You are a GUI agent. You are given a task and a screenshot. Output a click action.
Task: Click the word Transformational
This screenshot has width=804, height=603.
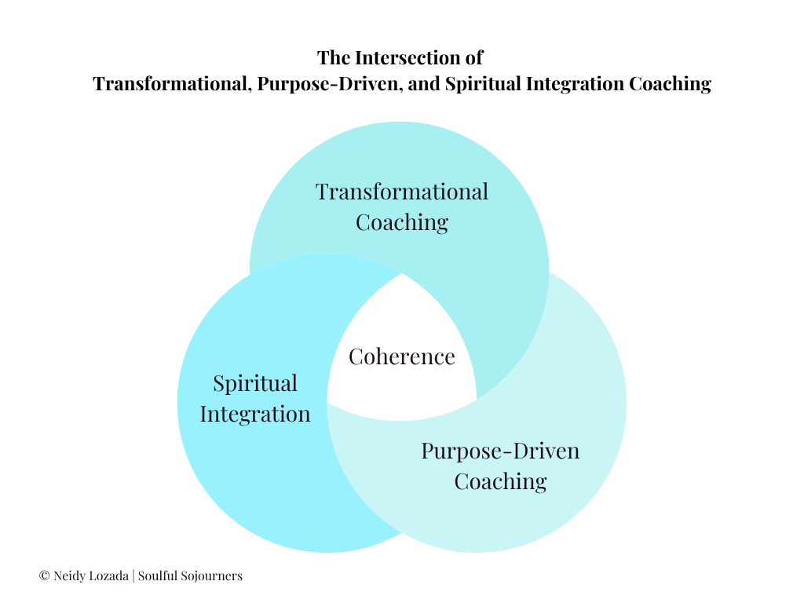[x=402, y=192]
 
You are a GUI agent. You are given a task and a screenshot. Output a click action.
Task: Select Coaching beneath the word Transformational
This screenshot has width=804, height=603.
[x=402, y=222]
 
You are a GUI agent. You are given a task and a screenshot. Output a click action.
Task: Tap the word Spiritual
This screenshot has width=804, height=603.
[x=255, y=384]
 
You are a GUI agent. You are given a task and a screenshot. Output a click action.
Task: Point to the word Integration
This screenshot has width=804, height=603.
[x=255, y=414]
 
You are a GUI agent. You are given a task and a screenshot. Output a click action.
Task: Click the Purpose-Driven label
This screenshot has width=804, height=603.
[x=500, y=451]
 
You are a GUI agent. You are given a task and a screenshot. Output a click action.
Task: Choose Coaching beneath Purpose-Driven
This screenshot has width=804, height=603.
[x=500, y=481]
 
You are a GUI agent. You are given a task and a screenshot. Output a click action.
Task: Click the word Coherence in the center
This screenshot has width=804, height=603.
[x=402, y=356]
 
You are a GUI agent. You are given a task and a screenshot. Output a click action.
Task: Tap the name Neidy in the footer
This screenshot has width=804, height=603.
[x=68, y=576]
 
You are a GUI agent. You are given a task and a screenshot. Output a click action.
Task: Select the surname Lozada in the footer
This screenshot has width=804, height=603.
[x=106, y=576]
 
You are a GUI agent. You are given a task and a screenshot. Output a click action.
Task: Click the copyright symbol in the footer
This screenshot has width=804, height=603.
[x=44, y=576]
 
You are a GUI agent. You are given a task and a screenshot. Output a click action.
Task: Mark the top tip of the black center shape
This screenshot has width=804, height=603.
[x=402, y=274]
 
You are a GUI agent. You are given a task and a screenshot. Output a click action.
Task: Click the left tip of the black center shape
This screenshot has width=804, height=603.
[x=328, y=403]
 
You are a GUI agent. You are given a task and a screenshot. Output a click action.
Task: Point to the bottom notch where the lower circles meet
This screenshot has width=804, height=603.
[x=402, y=535]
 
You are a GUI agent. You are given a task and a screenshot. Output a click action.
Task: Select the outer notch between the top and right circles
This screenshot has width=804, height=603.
[x=549, y=271]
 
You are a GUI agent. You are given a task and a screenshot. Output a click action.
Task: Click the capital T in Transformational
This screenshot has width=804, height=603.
[x=322, y=192]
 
